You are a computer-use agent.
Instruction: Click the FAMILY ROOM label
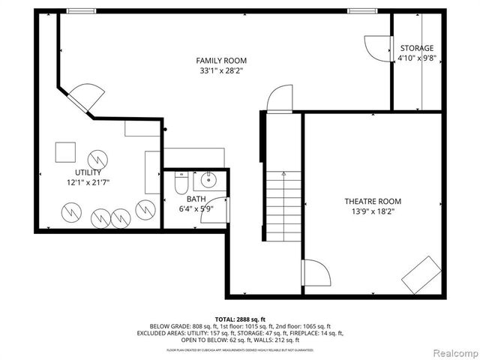coord(221,61)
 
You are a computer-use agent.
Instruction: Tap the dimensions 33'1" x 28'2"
coord(221,70)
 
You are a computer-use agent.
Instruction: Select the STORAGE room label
coord(416,48)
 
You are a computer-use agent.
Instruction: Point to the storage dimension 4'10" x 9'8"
coord(416,58)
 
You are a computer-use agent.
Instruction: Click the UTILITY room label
coord(82,172)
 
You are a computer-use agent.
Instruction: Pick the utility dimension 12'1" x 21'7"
coord(82,181)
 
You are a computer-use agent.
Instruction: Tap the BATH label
coord(196,199)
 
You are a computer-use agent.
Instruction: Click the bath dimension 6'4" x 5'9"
coord(196,208)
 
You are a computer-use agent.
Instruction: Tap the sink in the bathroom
coord(207,181)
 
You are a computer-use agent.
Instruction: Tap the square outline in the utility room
coord(65,152)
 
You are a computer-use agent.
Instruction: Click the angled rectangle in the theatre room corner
coord(421,274)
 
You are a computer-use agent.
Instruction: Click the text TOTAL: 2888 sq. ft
coord(240,319)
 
